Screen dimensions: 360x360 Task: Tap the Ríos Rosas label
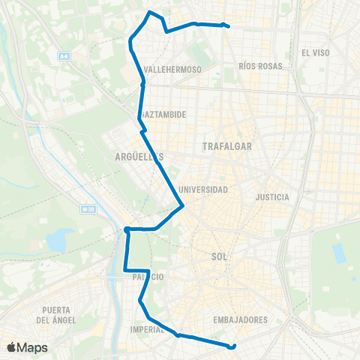click(x=260, y=66)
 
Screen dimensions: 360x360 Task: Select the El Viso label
click(x=315, y=52)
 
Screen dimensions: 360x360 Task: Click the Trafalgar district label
click(x=227, y=147)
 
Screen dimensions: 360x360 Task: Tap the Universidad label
click(x=203, y=190)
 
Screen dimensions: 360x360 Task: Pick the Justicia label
click(x=272, y=197)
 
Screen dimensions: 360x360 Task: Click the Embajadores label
click(x=241, y=319)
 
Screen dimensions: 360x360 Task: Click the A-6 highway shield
click(x=64, y=55)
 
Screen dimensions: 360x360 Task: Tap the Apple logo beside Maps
click(x=11, y=347)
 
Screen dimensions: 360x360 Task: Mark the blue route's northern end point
click(x=227, y=26)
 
